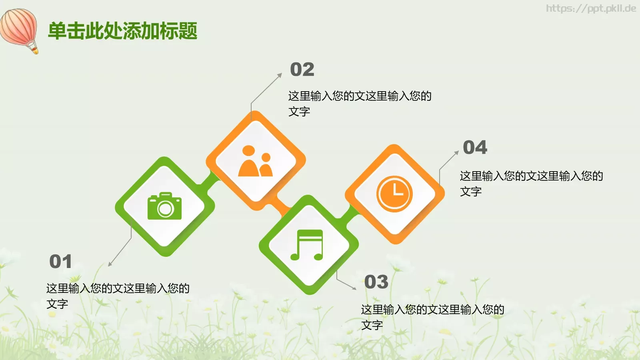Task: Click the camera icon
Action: pos(164,206)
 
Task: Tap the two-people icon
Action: pos(255,161)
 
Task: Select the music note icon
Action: pos(307,245)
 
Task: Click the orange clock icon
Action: pos(394,194)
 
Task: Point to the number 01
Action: pos(60,262)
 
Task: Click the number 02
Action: pos(302,70)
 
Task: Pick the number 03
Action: pos(376,282)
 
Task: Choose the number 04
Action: pos(475,148)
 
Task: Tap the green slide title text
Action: pos(123,31)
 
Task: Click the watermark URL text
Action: pos(591,8)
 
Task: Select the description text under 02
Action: pos(359,104)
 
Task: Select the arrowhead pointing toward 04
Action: pos(457,152)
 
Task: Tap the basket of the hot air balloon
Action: pos(35,50)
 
